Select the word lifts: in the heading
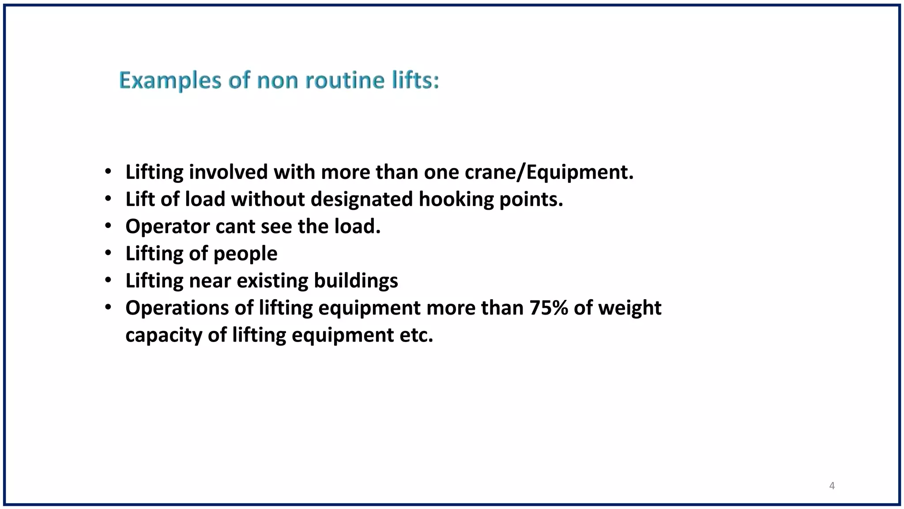(x=415, y=81)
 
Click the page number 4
(x=832, y=486)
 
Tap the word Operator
(x=167, y=227)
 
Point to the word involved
(x=228, y=172)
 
